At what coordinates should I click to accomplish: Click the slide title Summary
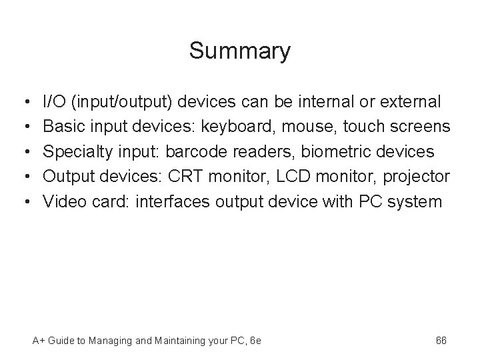click(x=239, y=51)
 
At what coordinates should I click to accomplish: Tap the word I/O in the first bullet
click(x=54, y=102)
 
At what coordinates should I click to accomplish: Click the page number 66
click(x=441, y=341)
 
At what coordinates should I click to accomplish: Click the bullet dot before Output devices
click(x=24, y=177)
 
